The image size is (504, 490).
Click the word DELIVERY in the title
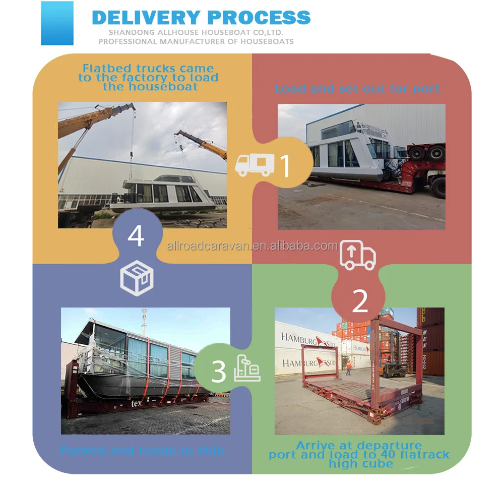[x=146, y=17]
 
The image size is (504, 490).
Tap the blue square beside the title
[x=57, y=23]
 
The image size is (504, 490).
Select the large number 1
[x=285, y=166]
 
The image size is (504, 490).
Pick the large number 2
[x=360, y=301]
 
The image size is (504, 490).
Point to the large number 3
[x=218, y=372]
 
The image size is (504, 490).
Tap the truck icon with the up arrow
[x=358, y=255]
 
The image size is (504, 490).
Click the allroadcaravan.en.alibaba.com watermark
[x=252, y=246]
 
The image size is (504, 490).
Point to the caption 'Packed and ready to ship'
[x=143, y=450]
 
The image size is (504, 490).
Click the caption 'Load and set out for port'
[x=357, y=89]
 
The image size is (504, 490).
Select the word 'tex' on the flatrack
[x=136, y=403]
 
